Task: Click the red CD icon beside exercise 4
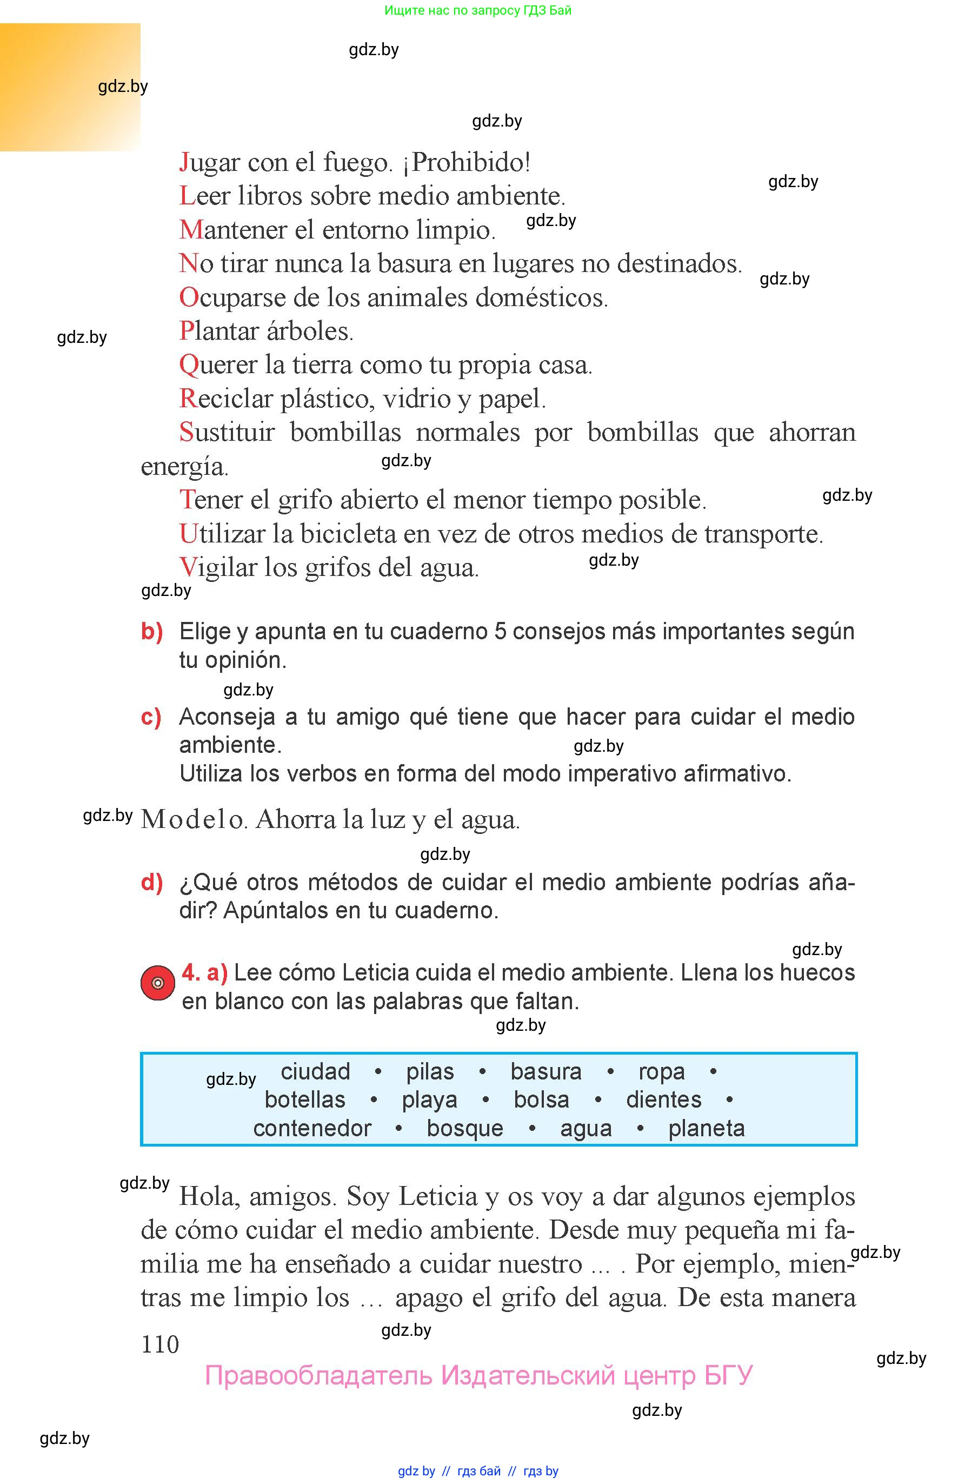[157, 983]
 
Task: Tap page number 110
[160, 1344]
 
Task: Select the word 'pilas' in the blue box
[430, 1071]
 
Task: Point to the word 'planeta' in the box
[706, 1128]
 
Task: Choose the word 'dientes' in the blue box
[663, 1099]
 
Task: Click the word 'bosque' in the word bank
[465, 1128]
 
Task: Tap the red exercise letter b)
[152, 631]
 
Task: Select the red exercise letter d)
[152, 882]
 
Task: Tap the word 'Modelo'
[194, 819]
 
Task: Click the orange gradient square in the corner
[70, 87]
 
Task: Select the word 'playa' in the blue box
[429, 1100]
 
